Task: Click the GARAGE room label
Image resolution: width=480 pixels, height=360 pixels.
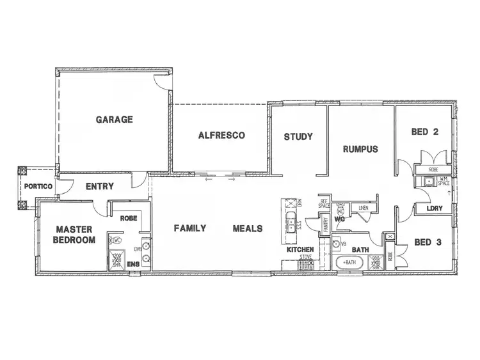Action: [115, 119]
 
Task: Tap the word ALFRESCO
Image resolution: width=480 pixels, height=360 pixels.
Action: [222, 136]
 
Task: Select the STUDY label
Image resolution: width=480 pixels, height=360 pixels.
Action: [298, 136]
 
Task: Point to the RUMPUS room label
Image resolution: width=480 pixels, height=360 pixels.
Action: [360, 149]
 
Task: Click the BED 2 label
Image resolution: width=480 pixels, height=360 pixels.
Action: [424, 132]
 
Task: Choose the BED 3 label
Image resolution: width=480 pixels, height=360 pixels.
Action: [428, 242]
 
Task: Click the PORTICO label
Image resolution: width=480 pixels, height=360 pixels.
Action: [37, 186]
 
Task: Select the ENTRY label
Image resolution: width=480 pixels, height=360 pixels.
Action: [99, 187]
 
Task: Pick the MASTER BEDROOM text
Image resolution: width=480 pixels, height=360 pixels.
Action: [75, 235]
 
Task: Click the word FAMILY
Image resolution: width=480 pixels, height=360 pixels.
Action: [190, 228]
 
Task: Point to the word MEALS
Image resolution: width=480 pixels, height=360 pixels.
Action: [247, 228]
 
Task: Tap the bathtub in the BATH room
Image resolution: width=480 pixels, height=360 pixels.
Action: [349, 262]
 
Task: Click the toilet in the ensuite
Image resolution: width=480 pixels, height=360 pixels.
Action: [116, 240]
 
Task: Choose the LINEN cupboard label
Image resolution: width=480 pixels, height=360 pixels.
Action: [363, 208]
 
